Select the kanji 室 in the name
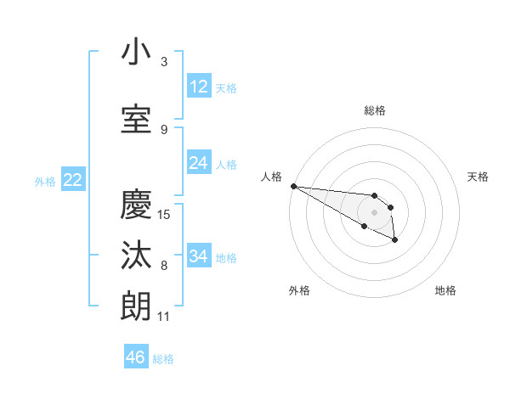coord(137,119)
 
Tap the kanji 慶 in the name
coord(137,205)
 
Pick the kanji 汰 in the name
coord(137,256)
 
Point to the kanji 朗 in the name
coord(137,306)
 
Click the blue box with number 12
coord(199,87)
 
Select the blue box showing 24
coord(199,163)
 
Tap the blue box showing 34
coord(199,256)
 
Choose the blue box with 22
coord(73,180)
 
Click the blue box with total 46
coord(136,357)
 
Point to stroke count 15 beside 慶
coord(164,214)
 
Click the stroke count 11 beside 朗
coord(164,317)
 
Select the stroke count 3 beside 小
coord(164,61)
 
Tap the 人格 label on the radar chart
coord(272,177)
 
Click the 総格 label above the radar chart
coord(375,110)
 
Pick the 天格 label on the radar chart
coord(479,177)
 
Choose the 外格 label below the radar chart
coord(299,291)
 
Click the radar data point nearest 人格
coord(293,186)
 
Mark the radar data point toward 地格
coord(395,241)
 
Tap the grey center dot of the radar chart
coord(374,212)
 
